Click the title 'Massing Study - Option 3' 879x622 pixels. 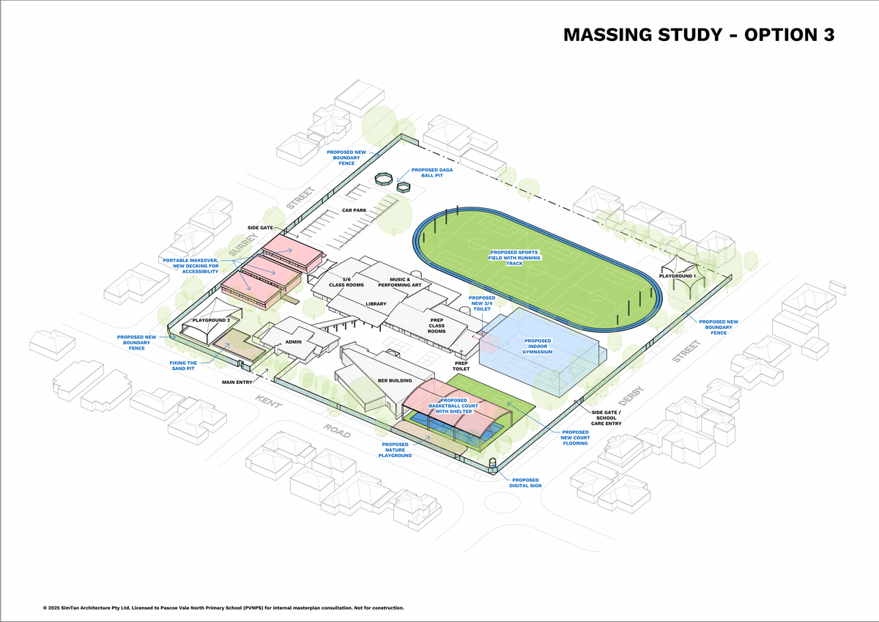pos(699,35)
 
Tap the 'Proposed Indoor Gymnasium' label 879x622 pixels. pos(537,346)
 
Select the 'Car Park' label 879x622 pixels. pos(354,210)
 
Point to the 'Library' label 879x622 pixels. pos(376,304)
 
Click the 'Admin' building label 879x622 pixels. pos(293,342)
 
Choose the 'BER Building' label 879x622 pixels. pos(395,380)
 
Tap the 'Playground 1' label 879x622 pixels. pos(678,276)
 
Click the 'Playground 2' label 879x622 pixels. pos(211,320)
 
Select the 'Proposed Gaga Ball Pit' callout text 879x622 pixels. pos(431,173)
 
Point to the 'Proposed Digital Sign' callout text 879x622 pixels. pos(525,483)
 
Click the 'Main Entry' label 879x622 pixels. pos(237,382)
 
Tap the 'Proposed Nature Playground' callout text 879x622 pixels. pos(395,450)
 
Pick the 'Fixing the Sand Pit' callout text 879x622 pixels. pos(183,366)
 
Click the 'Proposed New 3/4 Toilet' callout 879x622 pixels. pos(482,303)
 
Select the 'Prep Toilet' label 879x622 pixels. pos(461,366)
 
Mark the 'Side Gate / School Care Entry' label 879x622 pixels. pos(606,418)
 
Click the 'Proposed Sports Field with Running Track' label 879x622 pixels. pos(514,258)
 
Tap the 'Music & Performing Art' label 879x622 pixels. pos(399,282)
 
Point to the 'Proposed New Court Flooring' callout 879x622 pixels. pos(575,437)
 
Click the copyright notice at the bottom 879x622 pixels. pos(223,608)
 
